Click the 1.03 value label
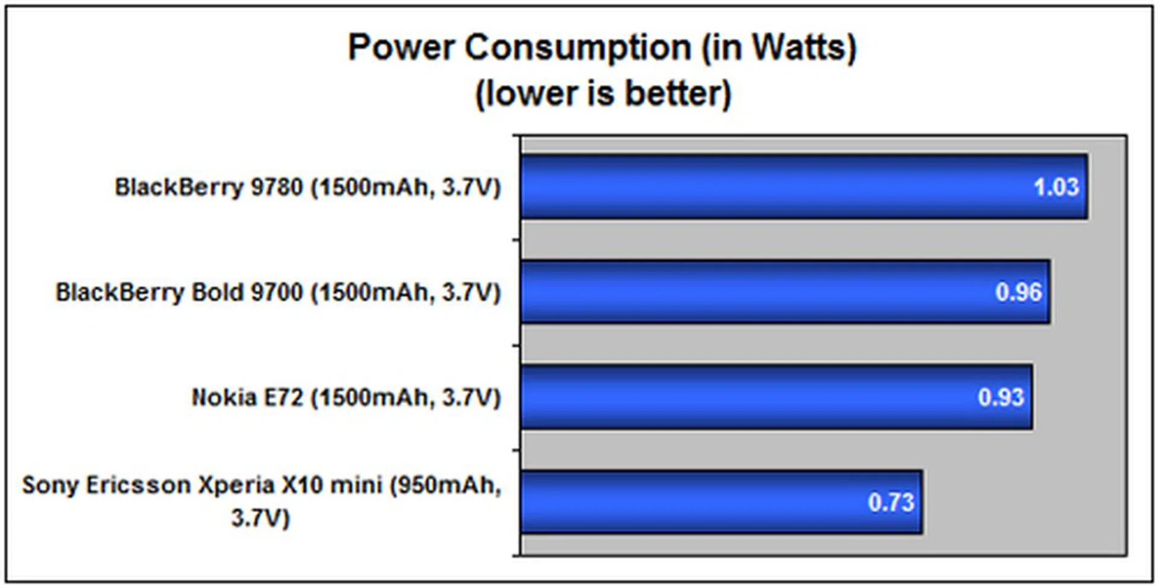tap(1056, 187)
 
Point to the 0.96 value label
tap(1018, 292)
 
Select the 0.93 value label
tap(1001, 397)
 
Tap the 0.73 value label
tap(891, 503)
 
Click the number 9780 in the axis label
tap(276, 187)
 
